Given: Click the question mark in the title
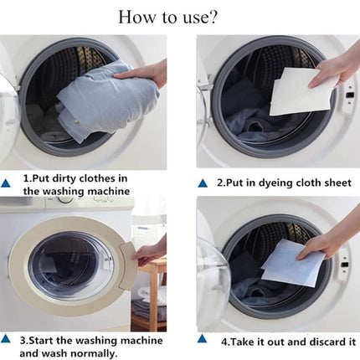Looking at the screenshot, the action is coord(212,18).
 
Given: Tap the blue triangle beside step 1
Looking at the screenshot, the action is coord(6,183).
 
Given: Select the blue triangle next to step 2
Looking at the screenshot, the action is coord(203,183).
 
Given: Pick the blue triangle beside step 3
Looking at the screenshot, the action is coord(6,339).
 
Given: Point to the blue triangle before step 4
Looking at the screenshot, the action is coord(203,339).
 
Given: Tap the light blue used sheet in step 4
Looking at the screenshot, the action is coord(292,263).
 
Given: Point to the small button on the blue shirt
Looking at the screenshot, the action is coord(77,121).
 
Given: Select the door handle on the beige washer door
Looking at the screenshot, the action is coord(128,265).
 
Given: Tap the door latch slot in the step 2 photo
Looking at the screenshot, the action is coord(349,95).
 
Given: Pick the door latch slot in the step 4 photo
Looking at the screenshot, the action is coord(345,264).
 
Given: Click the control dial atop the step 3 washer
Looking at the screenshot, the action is coord(65,199).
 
